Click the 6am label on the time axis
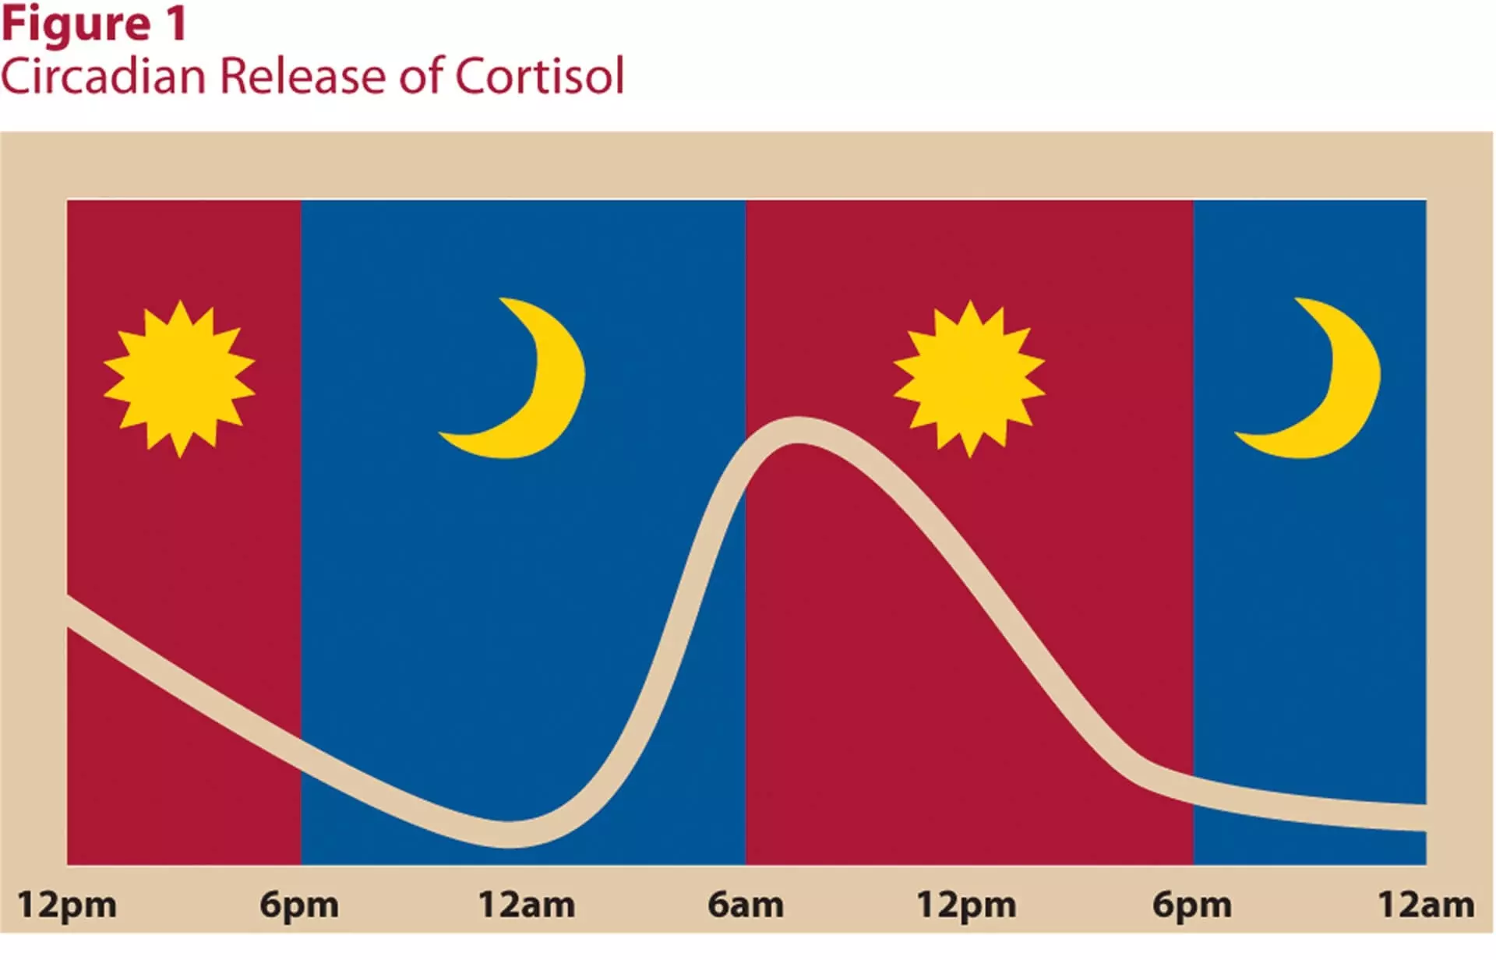[x=745, y=905]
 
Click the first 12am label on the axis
[x=527, y=905]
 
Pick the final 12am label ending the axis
[x=1426, y=905]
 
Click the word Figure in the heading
[x=76, y=26]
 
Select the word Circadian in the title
[x=103, y=76]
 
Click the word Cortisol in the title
[x=539, y=76]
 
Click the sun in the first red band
[x=179, y=379]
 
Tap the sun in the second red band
[x=969, y=379]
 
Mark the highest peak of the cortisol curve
[x=798, y=430]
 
